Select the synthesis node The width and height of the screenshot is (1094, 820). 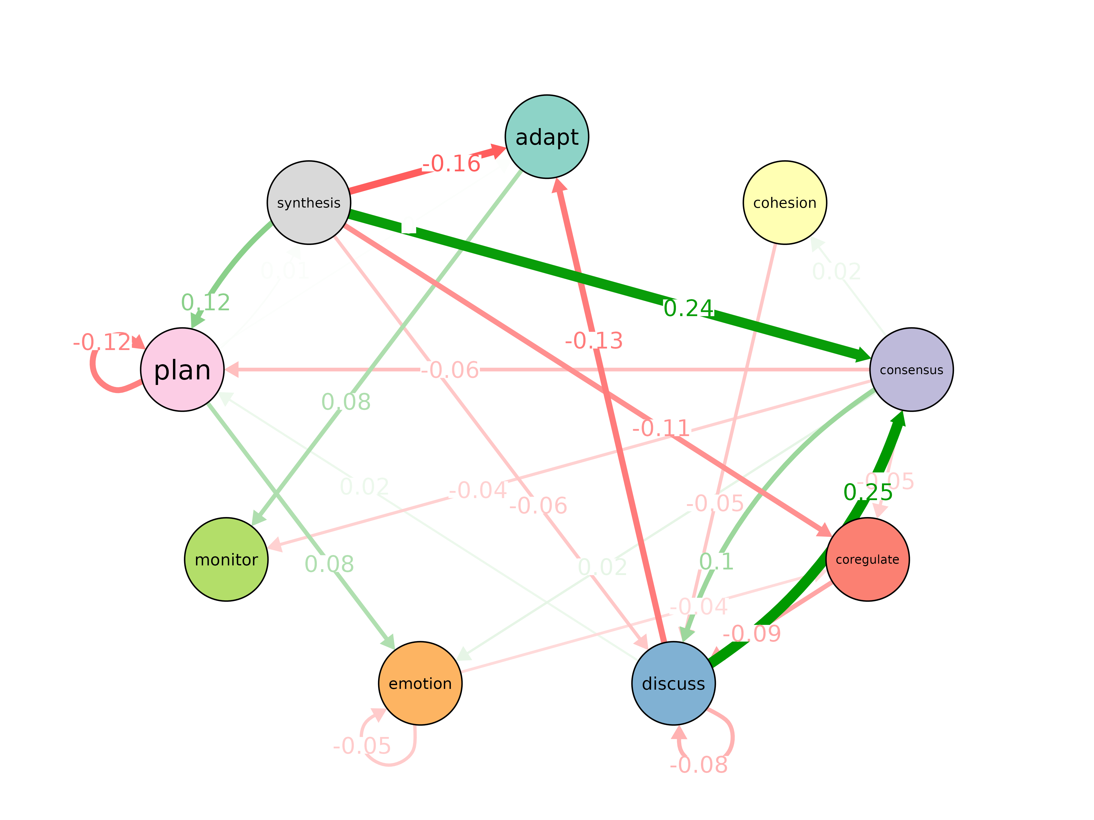point(309,203)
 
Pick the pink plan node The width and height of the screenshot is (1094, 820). point(183,370)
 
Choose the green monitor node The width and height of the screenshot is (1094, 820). point(226,560)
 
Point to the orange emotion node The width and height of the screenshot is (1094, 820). point(420,684)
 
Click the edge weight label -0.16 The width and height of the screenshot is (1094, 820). point(451,163)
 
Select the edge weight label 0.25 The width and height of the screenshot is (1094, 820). point(868,492)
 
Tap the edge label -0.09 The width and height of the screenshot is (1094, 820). point(752,633)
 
